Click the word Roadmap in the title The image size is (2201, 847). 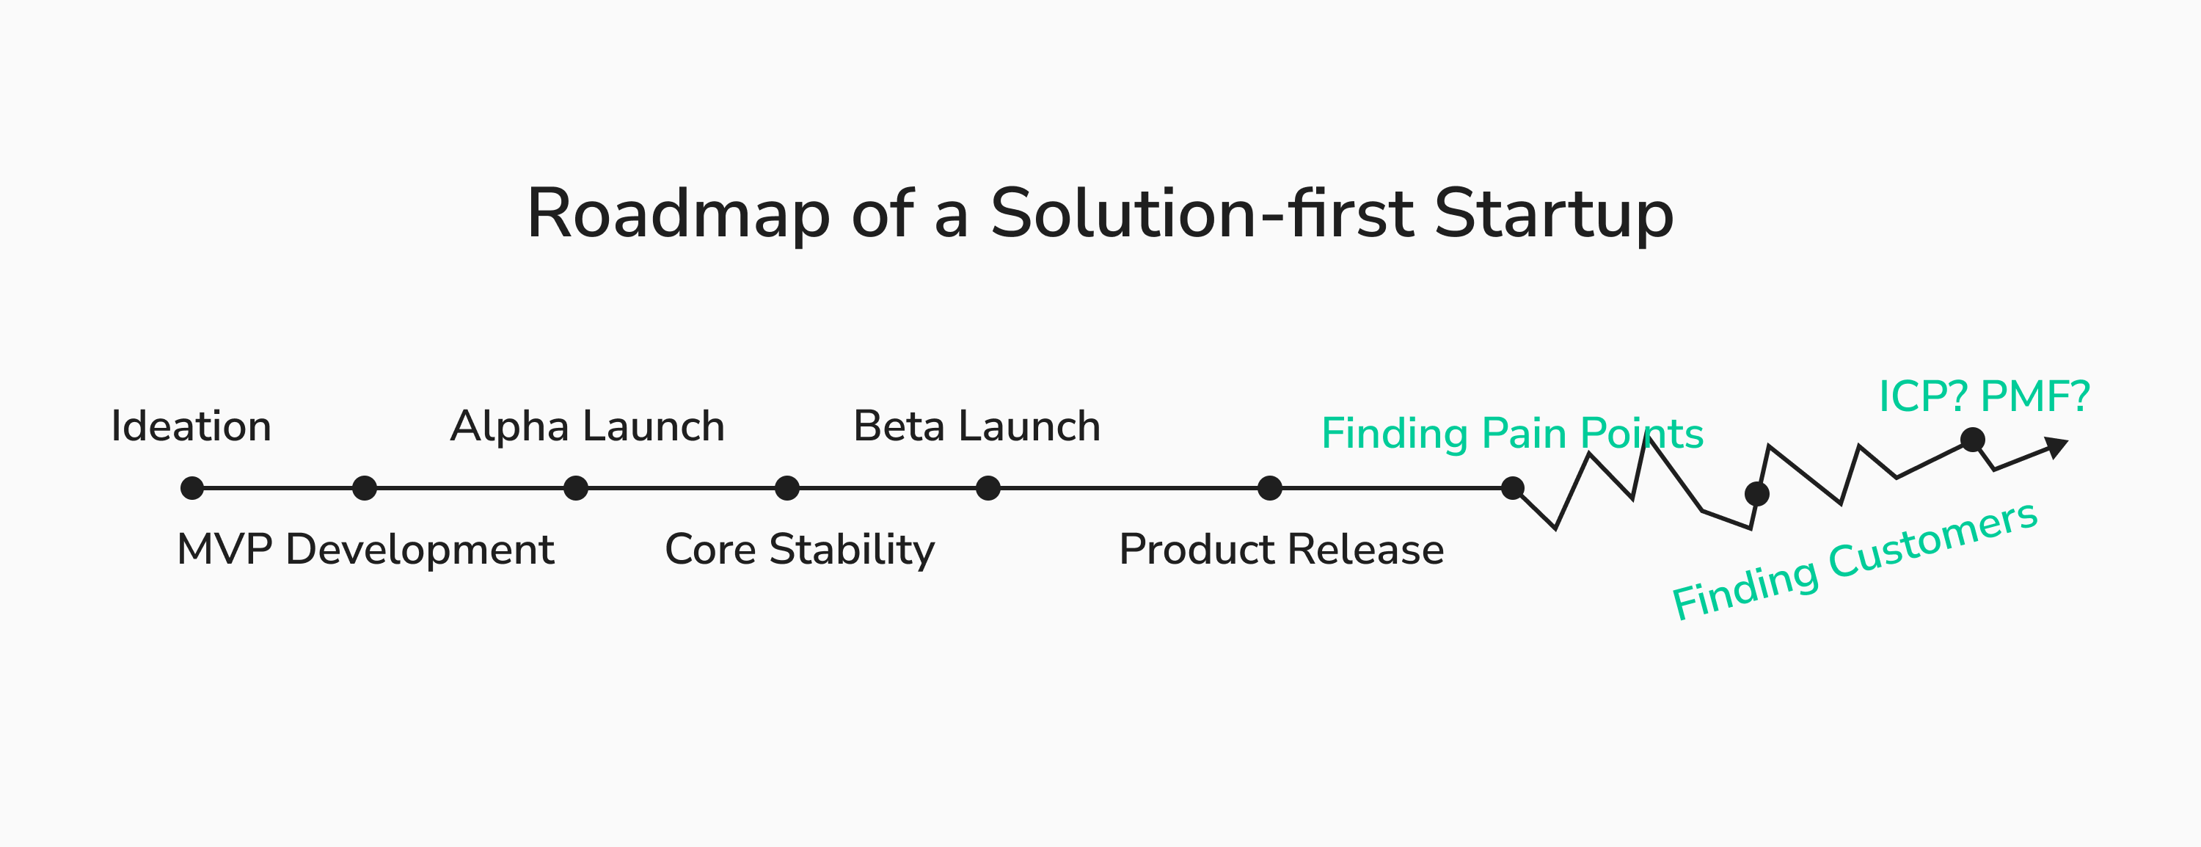678,214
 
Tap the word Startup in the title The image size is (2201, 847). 1552,214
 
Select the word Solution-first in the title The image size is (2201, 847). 1200,214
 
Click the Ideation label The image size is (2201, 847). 191,426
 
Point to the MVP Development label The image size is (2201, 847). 365,550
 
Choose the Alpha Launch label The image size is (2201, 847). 587,426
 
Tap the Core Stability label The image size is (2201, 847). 800,550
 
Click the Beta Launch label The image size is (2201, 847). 977,426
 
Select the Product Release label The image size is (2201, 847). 1281,550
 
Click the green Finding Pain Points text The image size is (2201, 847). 1511,433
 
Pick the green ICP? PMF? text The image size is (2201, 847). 1984,396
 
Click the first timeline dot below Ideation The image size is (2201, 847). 192,488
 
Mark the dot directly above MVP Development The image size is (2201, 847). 365,488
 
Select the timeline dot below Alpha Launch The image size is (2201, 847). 576,488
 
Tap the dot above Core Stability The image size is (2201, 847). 787,488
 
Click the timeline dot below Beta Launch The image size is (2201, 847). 988,488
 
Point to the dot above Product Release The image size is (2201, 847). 1270,488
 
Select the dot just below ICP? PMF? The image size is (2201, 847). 1972,440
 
